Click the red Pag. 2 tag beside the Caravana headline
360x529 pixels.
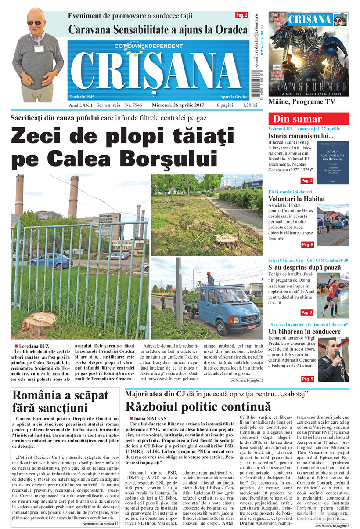tap(242, 15)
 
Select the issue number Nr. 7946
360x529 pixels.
tap(134, 106)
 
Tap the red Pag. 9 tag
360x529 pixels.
tap(307, 379)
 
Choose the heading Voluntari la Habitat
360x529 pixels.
tap(297, 199)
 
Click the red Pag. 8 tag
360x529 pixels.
tap(307, 312)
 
